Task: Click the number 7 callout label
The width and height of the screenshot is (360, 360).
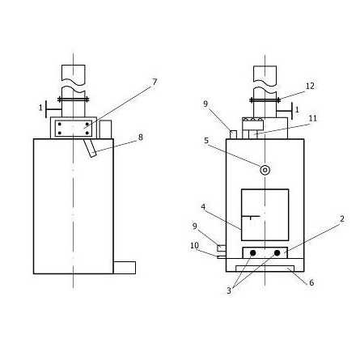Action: point(155,82)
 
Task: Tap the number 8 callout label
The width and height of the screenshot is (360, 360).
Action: point(141,138)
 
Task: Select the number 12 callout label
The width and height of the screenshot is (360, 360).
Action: point(310,86)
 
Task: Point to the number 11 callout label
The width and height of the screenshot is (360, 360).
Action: point(313,118)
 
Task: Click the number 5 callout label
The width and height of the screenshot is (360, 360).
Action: point(206,141)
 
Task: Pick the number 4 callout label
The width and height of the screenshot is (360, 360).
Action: point(203,207)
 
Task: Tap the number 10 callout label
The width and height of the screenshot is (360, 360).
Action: point(194,245)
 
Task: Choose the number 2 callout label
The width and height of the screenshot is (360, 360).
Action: point(342,218)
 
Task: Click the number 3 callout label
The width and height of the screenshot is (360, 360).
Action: point(229,290)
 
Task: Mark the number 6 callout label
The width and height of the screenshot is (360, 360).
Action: point(311,282)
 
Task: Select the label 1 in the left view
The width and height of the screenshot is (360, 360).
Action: point(40,108)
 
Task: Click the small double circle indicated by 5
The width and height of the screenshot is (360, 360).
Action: point(265,170)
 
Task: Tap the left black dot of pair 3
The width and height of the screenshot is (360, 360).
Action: point(253,253)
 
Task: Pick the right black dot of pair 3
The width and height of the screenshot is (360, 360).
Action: point(277,253)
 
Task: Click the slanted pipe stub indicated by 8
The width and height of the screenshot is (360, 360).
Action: point(90,148)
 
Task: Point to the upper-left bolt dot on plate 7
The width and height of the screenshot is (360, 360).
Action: point(60,124)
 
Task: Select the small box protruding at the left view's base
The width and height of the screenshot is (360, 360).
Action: point(125,268)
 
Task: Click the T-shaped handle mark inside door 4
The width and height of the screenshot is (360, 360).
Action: point(251,218)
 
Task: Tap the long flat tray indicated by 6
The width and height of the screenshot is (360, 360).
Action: point(265,269)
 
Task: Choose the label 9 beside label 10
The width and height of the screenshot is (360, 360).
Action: point(195,227)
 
